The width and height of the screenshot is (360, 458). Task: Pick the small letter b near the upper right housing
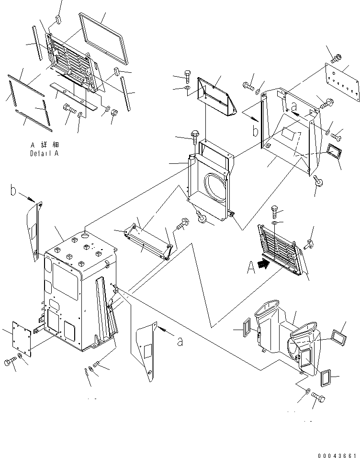(256, 131)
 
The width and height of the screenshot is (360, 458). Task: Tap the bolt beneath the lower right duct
(318, 398)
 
